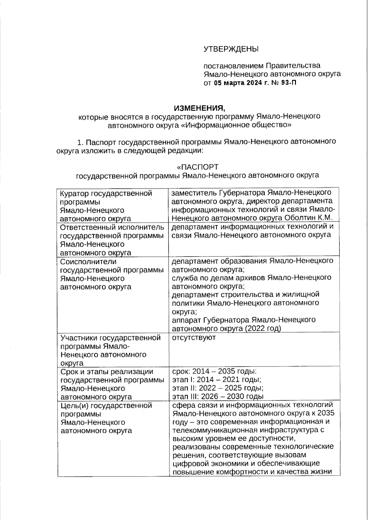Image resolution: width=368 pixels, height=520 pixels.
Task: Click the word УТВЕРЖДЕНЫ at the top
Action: [x=231, y=49]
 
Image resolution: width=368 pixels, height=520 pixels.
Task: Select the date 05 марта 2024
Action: [x=238, y=82]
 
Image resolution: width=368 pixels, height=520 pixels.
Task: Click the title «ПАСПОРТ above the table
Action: [x=197, y=167]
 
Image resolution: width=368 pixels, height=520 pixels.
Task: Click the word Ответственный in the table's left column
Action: [x=87, y=227]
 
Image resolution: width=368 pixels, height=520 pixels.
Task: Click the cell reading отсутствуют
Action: [x=194, y=338]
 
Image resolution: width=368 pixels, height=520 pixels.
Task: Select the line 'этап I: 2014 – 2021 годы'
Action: [x=217, y=380]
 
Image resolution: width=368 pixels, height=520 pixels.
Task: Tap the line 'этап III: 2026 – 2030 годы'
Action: [x=218, y=397]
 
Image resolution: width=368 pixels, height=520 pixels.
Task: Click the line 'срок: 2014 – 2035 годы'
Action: [x=214, y=372]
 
